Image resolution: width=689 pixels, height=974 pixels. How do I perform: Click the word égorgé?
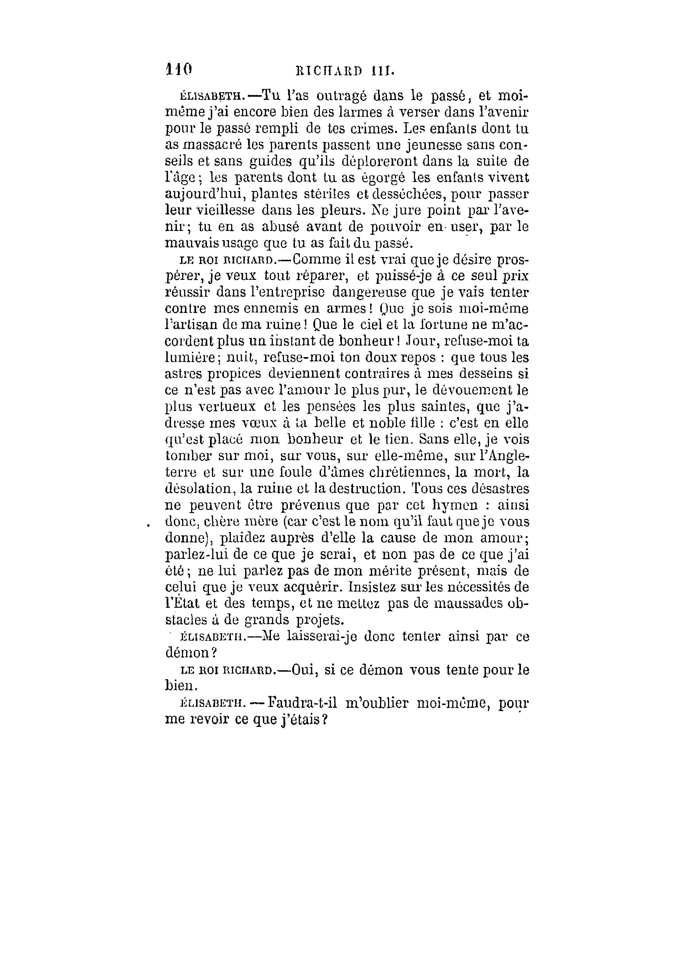[x=385, y=177]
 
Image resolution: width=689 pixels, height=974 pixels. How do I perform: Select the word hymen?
[x=465, y=505]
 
